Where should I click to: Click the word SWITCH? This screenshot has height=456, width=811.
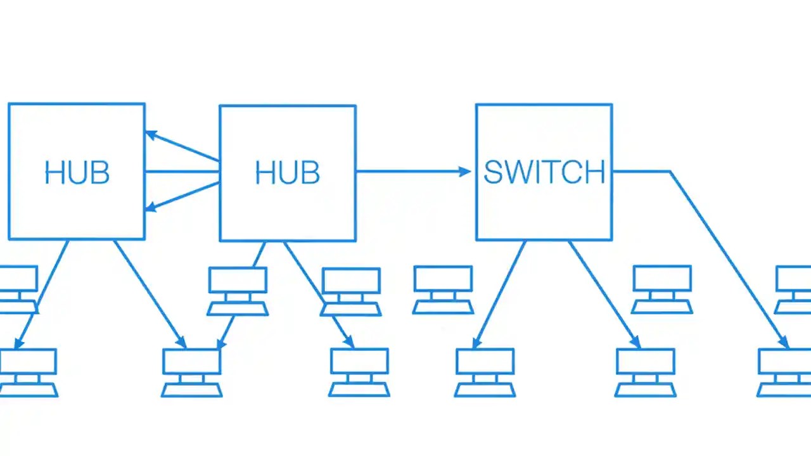point(544,172)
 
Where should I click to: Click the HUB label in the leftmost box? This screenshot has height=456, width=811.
point(77,173)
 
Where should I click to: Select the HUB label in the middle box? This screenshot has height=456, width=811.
point(287,173)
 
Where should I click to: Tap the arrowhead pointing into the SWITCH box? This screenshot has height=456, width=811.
point(465,171)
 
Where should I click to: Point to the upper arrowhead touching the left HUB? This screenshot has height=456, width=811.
point(151,134)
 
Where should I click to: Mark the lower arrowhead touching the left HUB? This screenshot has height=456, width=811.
point(151,207)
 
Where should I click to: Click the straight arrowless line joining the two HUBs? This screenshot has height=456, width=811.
point(182,171)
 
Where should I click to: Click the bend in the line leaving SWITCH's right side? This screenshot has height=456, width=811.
point(670,171)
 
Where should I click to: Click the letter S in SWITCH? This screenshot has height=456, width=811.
point(494,172)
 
